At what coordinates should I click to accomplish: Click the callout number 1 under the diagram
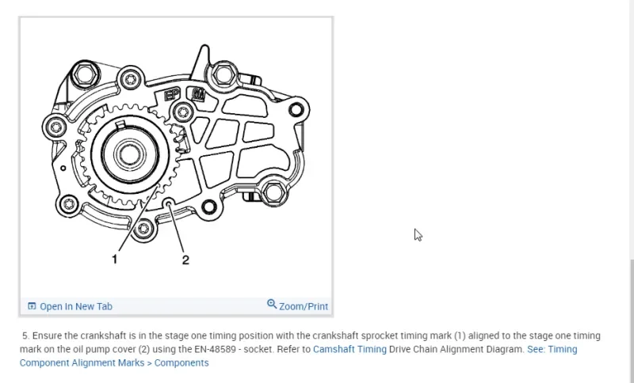pyautogui.click(x=114, y=259)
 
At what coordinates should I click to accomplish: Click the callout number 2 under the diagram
pyautogui.click(x=185, y=260)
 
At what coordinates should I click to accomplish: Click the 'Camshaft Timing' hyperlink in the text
pyautogui.click(x=349, y=349)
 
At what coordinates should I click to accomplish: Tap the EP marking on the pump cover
pyautogui.click(x=172, y=96)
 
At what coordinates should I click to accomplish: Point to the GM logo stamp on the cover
pyautogui.click(x=198, y=94)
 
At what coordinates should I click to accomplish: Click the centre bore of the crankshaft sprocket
pyautogui.click(x=129, y=154)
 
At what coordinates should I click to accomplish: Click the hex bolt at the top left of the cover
pyautogui.click(x=85, y=74)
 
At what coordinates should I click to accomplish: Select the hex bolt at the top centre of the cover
pyautogui.click(x=223, y=74)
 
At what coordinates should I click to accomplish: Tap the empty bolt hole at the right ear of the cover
pyautogui.click(x=296, y=109)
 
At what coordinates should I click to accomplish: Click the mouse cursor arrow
pyautogui.click(x=418, y=235)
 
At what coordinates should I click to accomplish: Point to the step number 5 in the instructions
pyautogui.click(x=25, y=336)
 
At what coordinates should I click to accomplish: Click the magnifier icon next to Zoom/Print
pyautogui.click(x=272, y=304)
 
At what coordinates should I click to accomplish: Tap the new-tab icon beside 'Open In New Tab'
pyautogui.click(x=32, y=306)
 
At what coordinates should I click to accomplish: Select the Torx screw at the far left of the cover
pyautogui.click(x=56, y=127)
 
